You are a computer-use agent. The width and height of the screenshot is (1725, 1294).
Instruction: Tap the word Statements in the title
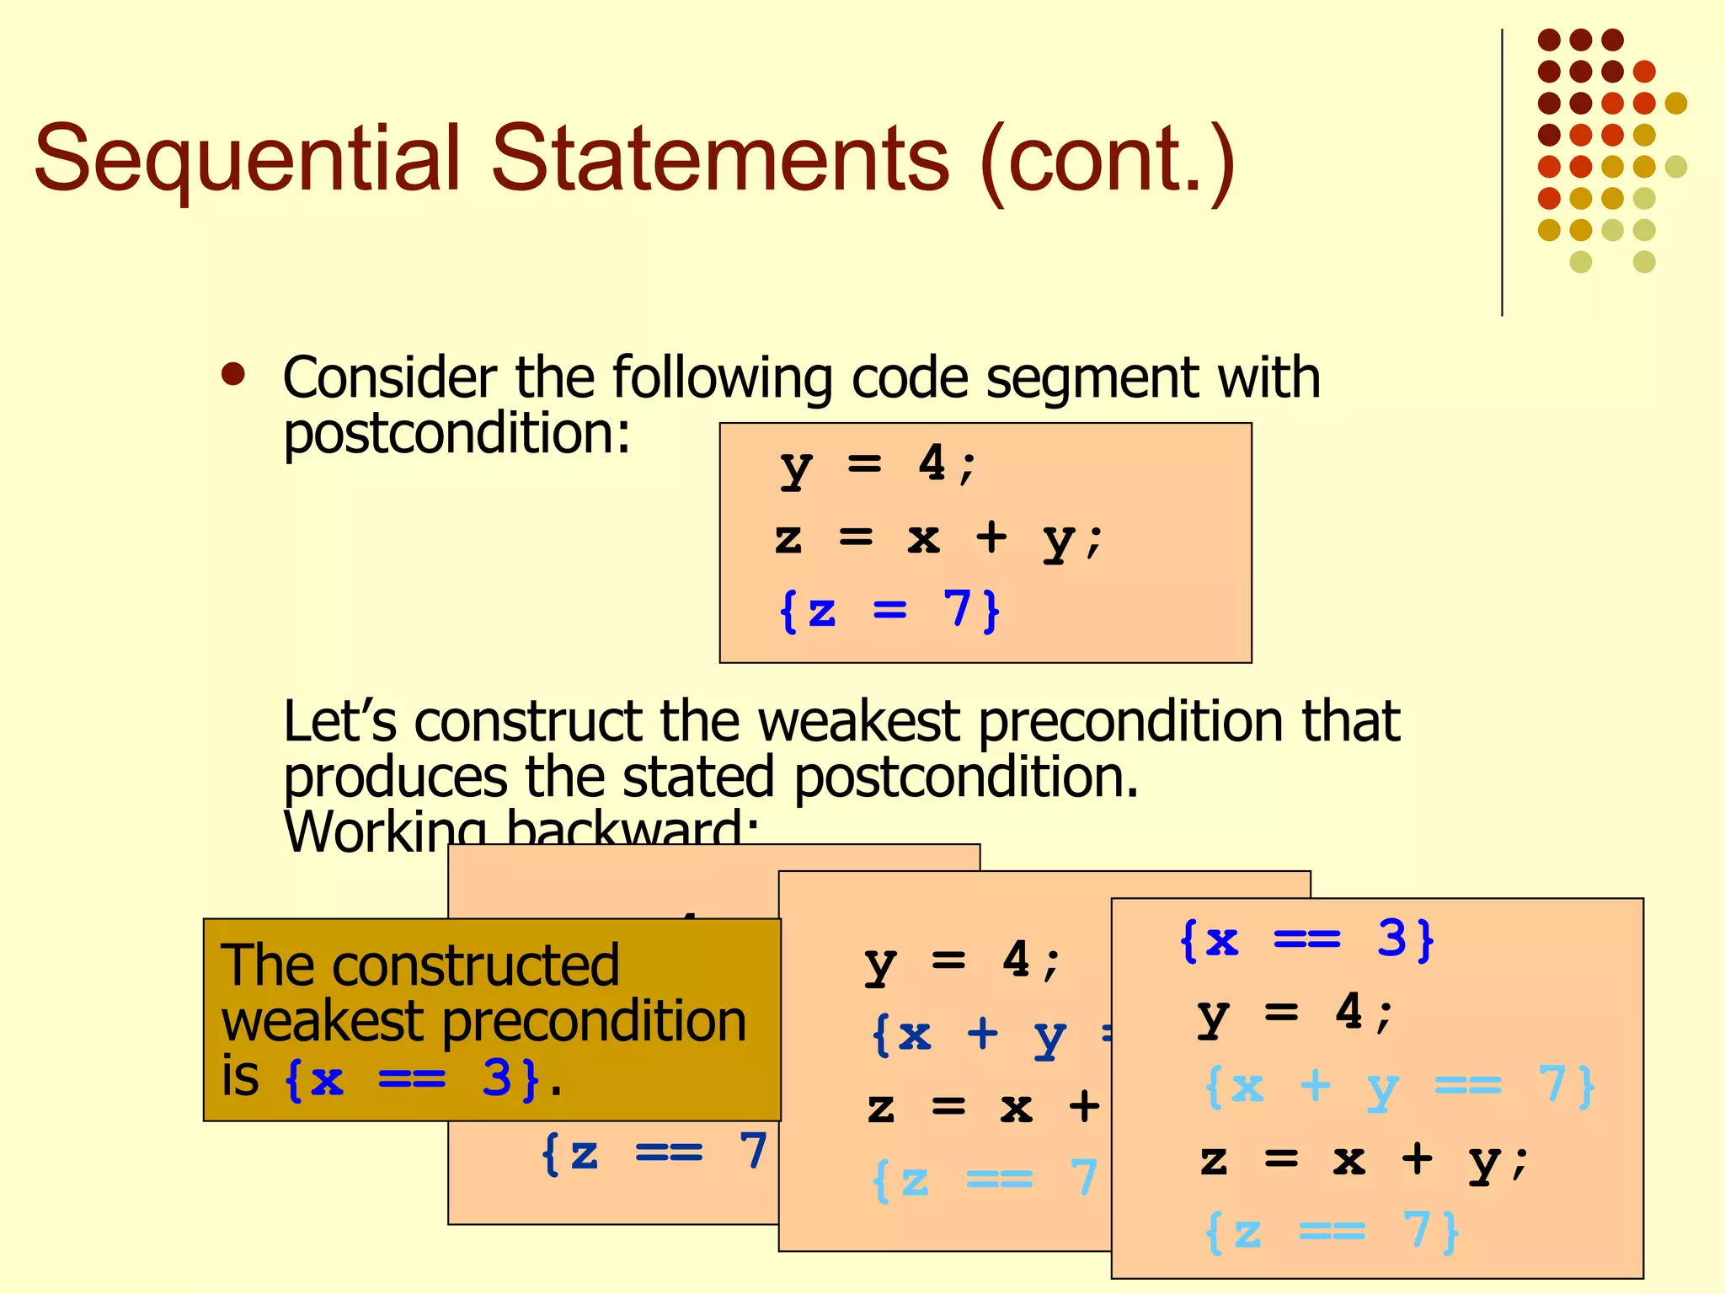click(720, 158)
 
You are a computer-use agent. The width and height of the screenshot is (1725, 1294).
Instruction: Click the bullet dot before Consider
click(232, 374)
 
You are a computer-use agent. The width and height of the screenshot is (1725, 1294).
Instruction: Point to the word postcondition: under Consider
click(457, 434)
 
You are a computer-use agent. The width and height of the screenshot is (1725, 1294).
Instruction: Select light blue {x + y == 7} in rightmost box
click(1398, 1086)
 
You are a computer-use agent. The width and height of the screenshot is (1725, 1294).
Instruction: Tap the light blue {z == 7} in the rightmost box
click(1332, 1232)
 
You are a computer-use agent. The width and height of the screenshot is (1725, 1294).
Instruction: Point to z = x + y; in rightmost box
click(1364, 1160)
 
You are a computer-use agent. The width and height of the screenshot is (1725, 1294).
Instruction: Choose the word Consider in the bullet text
click(389, 377)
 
